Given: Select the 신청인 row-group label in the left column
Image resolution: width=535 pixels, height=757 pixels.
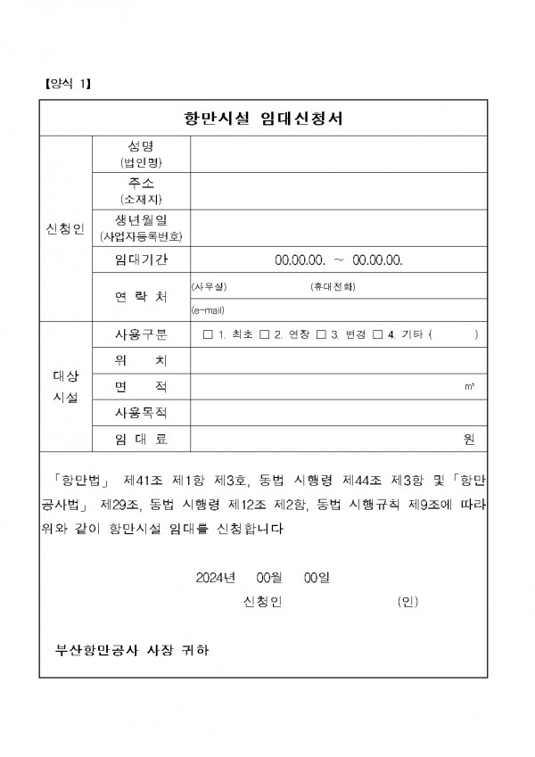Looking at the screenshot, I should point(65,229).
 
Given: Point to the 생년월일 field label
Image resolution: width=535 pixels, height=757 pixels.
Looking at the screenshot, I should point(141,218).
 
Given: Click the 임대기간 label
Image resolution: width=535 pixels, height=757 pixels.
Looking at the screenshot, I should point(141,259).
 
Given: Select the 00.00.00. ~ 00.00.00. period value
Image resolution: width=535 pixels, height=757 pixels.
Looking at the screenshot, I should point(339,259).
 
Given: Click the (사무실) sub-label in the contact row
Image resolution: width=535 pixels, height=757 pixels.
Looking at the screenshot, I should point(210,286).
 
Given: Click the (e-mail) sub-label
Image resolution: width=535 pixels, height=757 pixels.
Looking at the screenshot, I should point(208,310).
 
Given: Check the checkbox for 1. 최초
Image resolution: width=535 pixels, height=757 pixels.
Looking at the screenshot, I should point(208,334).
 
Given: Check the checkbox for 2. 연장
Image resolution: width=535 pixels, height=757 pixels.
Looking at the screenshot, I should point(264,334).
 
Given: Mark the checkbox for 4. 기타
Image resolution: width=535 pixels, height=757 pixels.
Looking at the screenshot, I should point(377,334).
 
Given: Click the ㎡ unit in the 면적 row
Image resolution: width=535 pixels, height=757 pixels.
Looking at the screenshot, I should point(469,387).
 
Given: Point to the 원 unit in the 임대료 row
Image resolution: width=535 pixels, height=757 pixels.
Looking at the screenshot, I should point(469,439).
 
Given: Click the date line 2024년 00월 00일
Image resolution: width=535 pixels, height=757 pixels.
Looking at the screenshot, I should point(262,577).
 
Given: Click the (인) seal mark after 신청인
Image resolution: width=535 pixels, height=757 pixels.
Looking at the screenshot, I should point(407,603).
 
